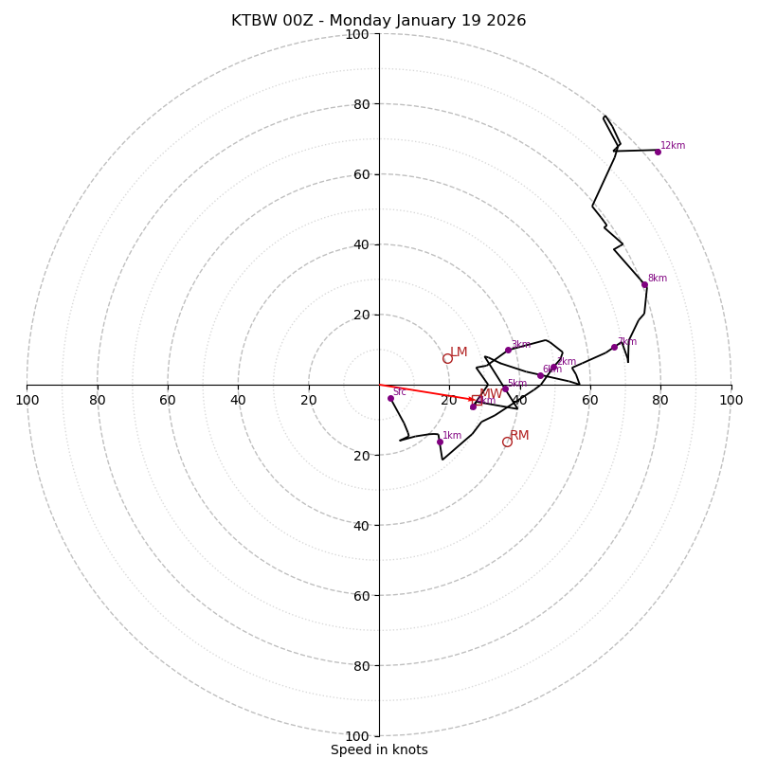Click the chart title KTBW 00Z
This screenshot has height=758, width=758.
(x=378, y=21)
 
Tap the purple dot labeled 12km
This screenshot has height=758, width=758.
(x=658, y=152)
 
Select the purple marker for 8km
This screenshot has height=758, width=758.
(x=644, y=284)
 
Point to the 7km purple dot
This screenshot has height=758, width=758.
(x=614, y=347)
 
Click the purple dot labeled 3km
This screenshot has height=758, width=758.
(x=508, y=350)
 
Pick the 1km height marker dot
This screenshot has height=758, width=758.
(x=440, y=442)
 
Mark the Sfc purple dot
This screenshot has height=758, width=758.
(x=390, y=398)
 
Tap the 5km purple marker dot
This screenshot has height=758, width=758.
(x=505, y=388)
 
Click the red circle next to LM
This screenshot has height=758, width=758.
(x=447, y=358)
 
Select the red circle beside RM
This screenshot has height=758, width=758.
(x=507, y=442)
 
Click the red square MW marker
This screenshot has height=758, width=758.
(x=477, y=400)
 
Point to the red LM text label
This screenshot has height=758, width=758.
(x=459, y=352)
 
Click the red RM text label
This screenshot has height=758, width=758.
(x=519, y=436)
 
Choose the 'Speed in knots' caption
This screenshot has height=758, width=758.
(x=379, y=749)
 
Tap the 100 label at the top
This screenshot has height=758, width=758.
(x=357, y=34)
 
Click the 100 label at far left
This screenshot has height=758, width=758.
(x=27, y=400)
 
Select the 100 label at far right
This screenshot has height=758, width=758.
(x=731, y=400)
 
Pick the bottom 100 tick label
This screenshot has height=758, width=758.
(x=357, y=735)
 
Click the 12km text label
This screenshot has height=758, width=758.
(x=673, y=146)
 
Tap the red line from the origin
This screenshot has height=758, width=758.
(x=426, y=392)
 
